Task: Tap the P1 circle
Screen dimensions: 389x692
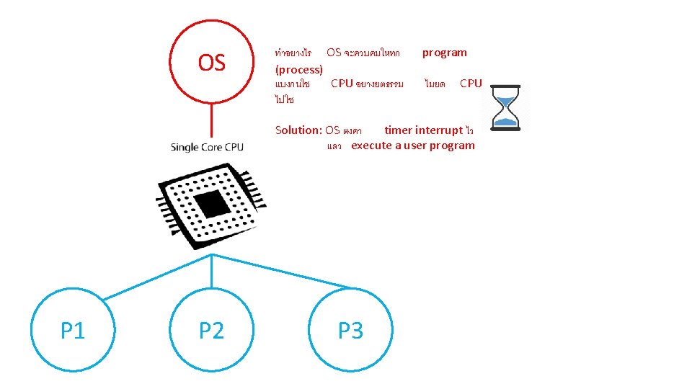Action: pos(72,331)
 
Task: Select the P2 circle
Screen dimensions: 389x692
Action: pos(211,331)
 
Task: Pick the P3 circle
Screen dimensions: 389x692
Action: pos(350,331)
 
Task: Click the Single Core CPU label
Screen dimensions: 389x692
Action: pos(207,147)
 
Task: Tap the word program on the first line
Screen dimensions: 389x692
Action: pos(444,53)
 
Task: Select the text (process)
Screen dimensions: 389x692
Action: pos(298,69)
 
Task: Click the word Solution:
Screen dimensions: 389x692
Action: pos(298,130)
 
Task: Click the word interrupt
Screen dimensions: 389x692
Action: pos(438,130)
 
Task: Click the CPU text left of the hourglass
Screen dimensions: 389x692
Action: pos(471,84)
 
